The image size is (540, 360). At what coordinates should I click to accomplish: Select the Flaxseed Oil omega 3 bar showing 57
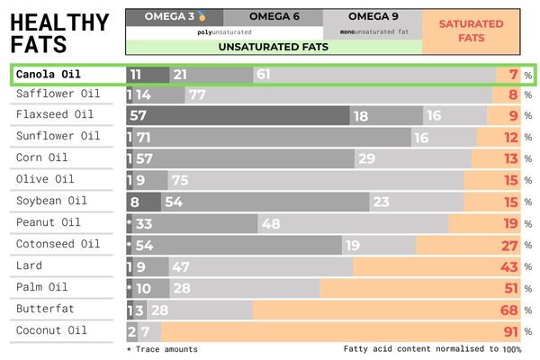point(139,116)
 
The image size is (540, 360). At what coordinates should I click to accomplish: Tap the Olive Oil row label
point(44,179)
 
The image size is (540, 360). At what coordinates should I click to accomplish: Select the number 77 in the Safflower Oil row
point(198,94)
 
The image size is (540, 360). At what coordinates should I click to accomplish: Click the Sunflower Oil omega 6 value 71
point(144,138)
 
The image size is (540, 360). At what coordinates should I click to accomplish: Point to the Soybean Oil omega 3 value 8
point(135,202)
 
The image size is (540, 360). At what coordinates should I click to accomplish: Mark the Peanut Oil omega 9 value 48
point(271,223)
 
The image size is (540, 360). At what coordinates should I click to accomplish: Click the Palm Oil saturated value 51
point(508,288)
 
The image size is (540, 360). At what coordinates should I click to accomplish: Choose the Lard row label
point(29,265)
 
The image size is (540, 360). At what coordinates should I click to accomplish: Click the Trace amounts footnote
point(162,349)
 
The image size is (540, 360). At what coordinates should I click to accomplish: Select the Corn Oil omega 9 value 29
point(366,159)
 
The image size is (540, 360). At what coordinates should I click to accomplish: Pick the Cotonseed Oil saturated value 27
point(508,245)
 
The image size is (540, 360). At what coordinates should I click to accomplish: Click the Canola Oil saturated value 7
point(512,74)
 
